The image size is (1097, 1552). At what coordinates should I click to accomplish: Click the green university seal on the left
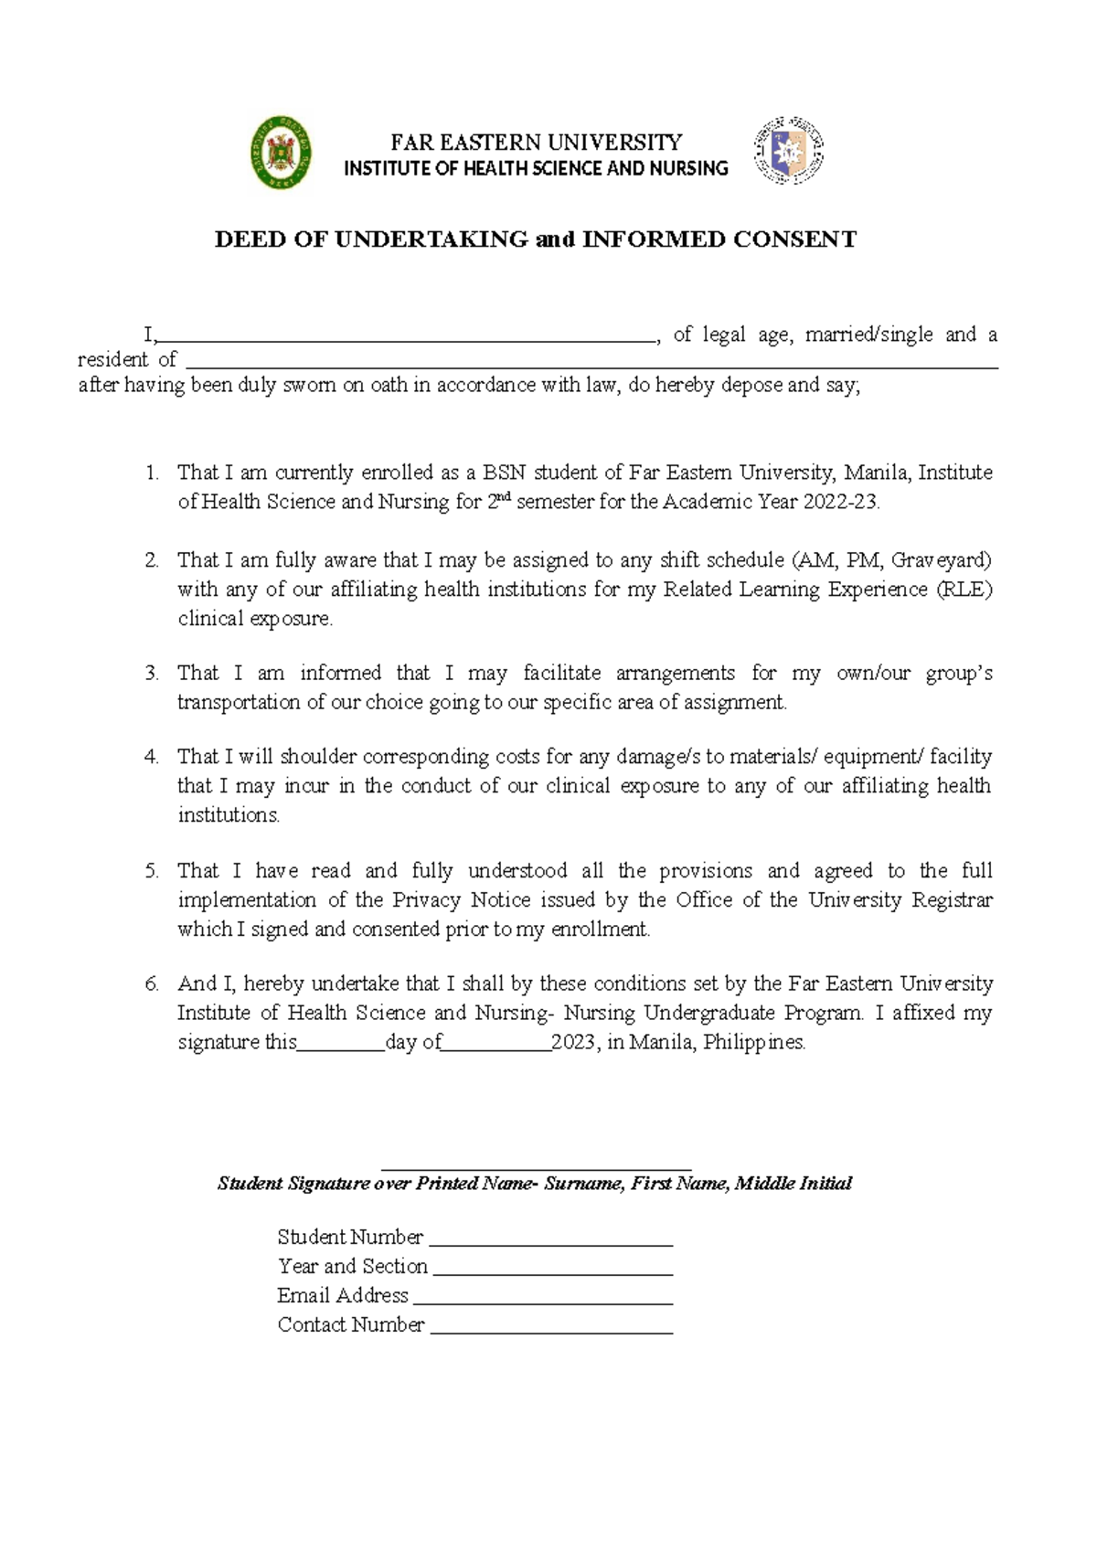(282, 154)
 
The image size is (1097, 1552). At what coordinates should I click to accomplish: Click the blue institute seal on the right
(788, 152)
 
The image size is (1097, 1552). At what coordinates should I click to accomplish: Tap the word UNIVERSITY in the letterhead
(623, 143)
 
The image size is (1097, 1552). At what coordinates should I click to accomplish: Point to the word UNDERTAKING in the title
(431, 239)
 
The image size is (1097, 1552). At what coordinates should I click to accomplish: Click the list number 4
(151, 757)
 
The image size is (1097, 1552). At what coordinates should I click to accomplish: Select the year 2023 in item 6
(573, 1042)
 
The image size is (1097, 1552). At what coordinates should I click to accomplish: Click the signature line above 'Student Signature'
(536, 1167)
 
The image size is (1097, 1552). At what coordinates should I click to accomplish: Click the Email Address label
(342, 1295)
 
